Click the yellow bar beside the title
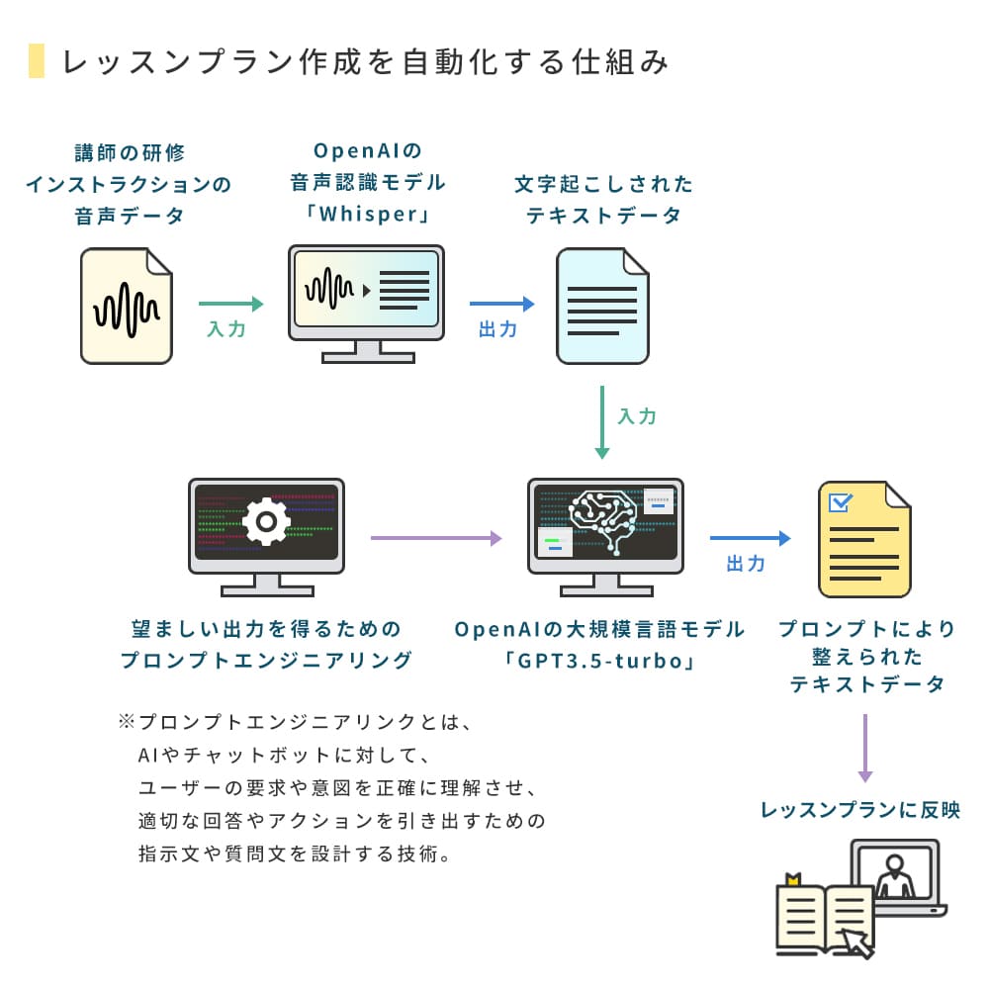[x=37, y=61]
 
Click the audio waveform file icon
[x=127, y=306]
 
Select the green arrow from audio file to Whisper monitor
[x=231, y=305]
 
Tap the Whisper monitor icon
[x=366, y=297]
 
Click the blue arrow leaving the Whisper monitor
[x=501, y=305]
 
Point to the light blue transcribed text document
[x=602, y=306]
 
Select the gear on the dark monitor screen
[x=266, y=522]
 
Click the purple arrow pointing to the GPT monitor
[x=436, y=538]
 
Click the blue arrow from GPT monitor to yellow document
[x=750, y=538]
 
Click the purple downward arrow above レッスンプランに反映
[x=864, y=747]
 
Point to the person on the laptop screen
[x=896, y=875]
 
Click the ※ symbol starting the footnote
[x=126, y=723]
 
